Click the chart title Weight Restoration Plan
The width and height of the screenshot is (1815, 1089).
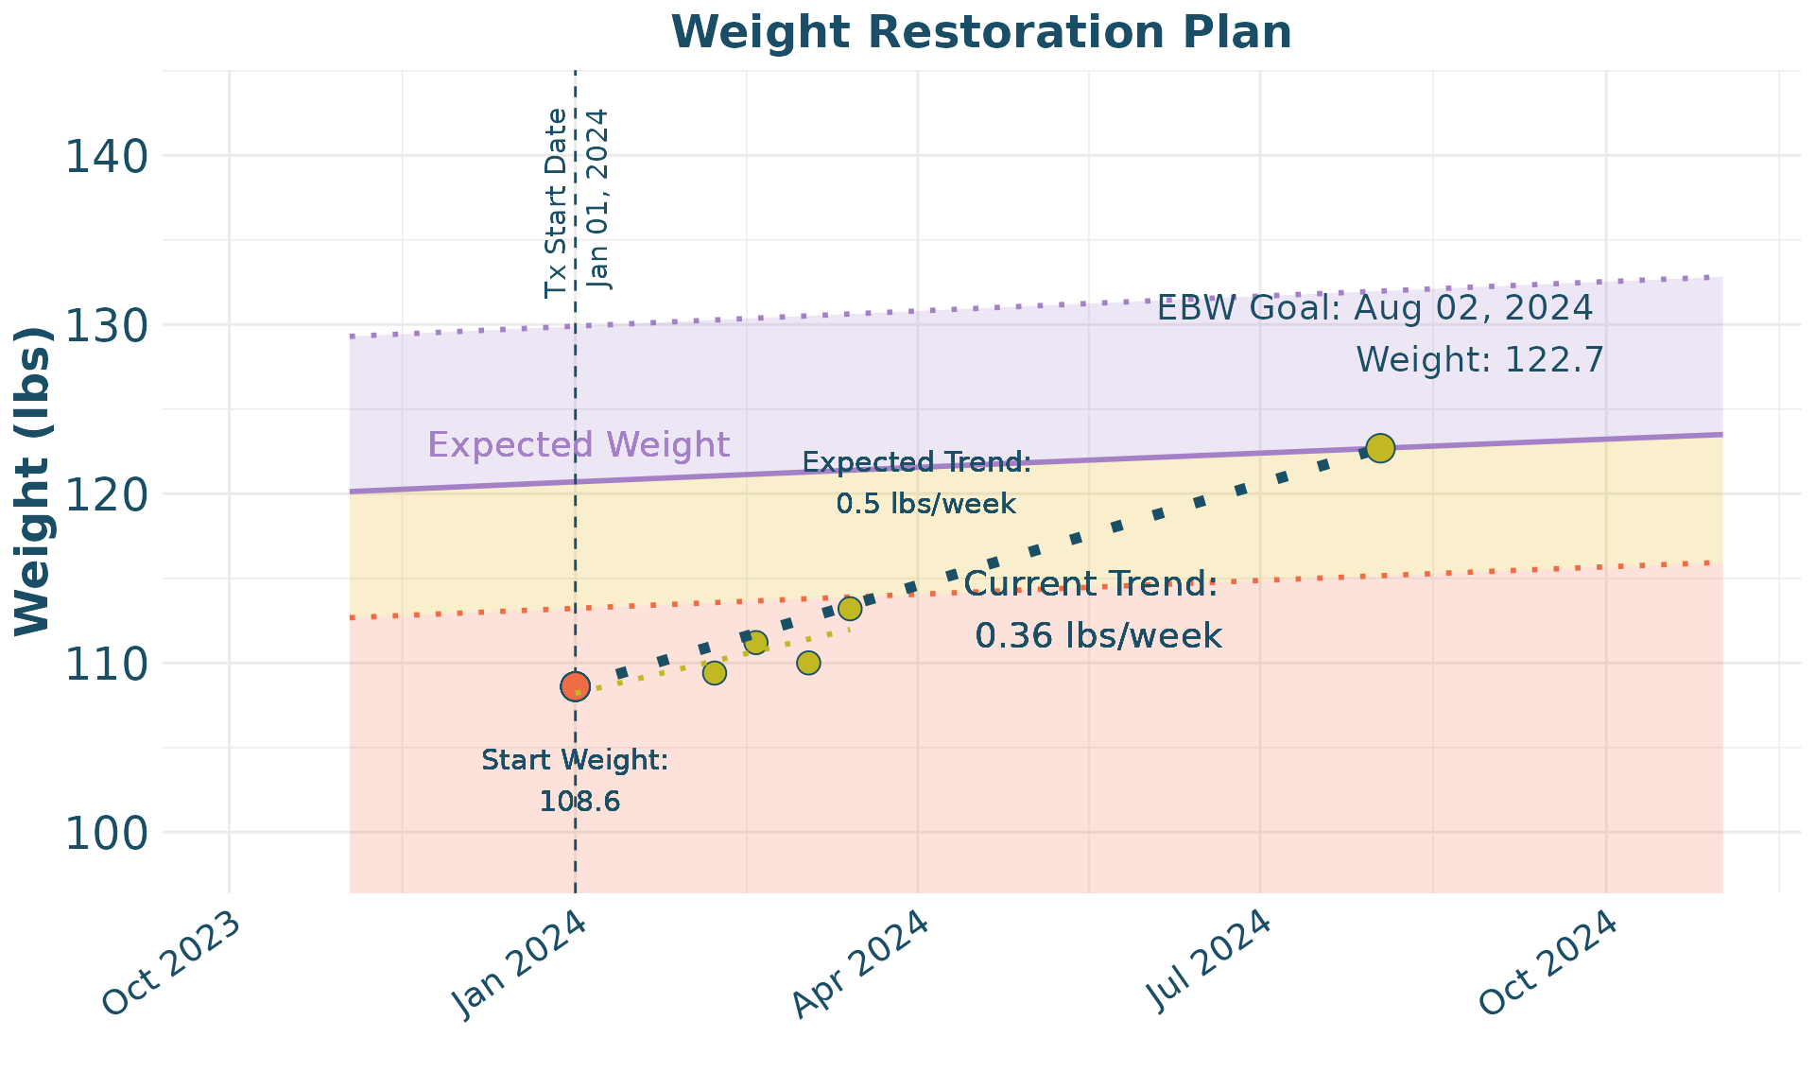coord(981,32)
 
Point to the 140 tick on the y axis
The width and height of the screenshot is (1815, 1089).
coord(107,156)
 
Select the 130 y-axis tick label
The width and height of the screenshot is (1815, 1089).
coord(107,325)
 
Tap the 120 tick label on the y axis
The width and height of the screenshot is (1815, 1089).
coord(107,494)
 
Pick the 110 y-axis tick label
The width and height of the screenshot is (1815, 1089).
coord(107,664)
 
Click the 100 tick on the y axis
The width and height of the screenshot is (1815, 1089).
coord(107,833)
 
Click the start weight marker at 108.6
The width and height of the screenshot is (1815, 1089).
coord(575,686)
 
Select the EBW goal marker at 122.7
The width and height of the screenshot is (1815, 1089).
coord(1380,448)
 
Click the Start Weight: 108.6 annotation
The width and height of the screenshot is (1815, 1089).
coord(576,781)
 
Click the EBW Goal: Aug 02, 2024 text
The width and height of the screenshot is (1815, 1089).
coord(1375,308)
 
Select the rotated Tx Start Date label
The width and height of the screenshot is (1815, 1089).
coord(557,203)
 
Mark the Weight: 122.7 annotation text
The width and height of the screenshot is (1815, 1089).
coord(1479,360)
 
